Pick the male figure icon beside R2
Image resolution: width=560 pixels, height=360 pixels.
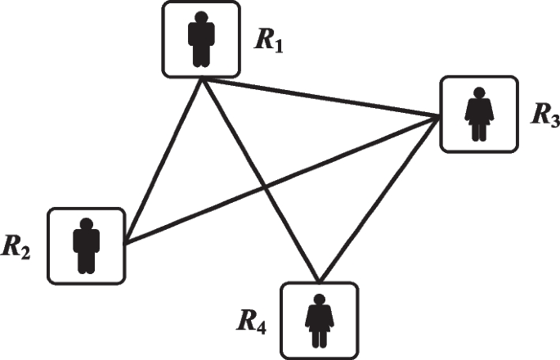coord(87,245)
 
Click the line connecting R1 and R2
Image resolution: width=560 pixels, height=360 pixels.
coord(164,161)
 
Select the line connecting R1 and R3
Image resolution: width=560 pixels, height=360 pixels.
coord(319,98)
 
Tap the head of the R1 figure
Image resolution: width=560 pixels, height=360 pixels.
coord(200,17)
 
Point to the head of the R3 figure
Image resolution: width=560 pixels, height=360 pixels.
coord(478,93)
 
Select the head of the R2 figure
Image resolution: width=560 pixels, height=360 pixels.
coord(87,223)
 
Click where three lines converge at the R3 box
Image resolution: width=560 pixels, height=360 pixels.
coord(439,118)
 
